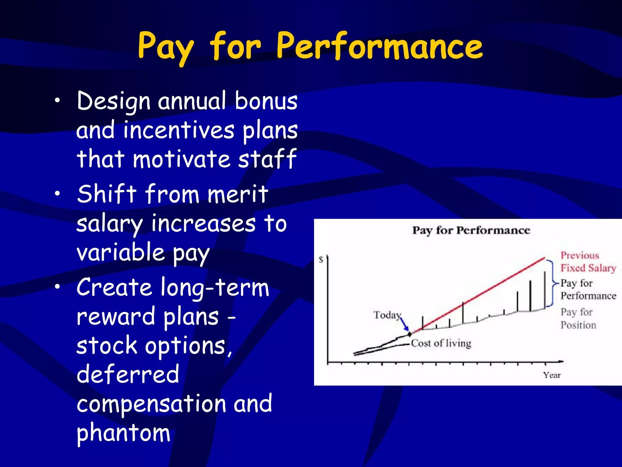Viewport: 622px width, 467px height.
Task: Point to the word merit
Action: [x=238, y=194]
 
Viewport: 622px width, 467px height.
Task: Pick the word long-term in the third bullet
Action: [x=215, y=288]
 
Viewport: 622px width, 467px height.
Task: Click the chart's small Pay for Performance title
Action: [x=471, y=230]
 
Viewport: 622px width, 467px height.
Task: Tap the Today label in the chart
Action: [x=387, y=315]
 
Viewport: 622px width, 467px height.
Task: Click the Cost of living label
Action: [x=441, y=343]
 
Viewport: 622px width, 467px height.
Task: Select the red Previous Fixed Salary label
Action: [x=587, y=262]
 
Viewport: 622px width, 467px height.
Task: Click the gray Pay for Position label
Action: [x=578, y=319]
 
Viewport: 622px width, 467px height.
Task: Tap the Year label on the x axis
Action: [x=552, y=375]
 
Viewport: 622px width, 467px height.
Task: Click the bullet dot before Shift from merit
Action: [x=57, y=194]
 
